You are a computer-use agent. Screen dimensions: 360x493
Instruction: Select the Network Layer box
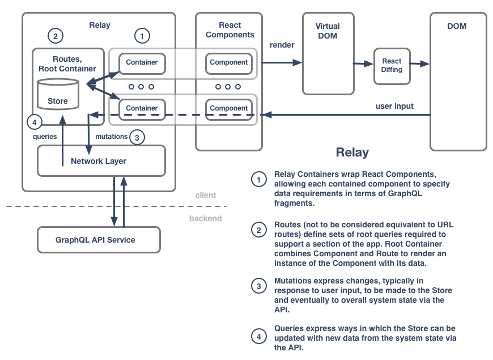coord(101,161)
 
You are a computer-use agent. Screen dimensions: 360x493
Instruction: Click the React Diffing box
coord(392,65)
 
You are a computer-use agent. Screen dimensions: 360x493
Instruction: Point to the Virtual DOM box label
coord(328,31)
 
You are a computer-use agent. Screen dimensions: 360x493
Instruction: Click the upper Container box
coord(142,62)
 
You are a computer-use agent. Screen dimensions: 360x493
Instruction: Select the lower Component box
coord(229,108)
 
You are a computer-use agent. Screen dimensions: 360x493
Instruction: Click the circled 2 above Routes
coord(55,36)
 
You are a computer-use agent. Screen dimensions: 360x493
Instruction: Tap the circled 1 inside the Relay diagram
coord(142,36)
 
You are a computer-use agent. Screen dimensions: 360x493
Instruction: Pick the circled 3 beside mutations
coord(137,137)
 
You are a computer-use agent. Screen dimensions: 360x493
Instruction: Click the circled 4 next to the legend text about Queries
coord(258,337)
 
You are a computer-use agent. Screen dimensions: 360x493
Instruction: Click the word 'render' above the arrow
coord(282,45)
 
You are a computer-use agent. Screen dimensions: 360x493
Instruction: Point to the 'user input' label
coord(394,106)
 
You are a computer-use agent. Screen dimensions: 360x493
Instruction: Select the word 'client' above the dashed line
coord(205,195)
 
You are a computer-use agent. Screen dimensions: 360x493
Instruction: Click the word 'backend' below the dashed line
coord(205,218)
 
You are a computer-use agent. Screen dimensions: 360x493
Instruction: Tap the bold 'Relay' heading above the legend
coord(352,152)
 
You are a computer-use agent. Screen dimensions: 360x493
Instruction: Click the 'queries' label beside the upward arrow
coord(45,137)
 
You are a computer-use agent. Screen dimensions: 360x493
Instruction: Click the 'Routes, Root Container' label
coord(67,63)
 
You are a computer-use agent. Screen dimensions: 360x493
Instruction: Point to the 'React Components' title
coord(229,30)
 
